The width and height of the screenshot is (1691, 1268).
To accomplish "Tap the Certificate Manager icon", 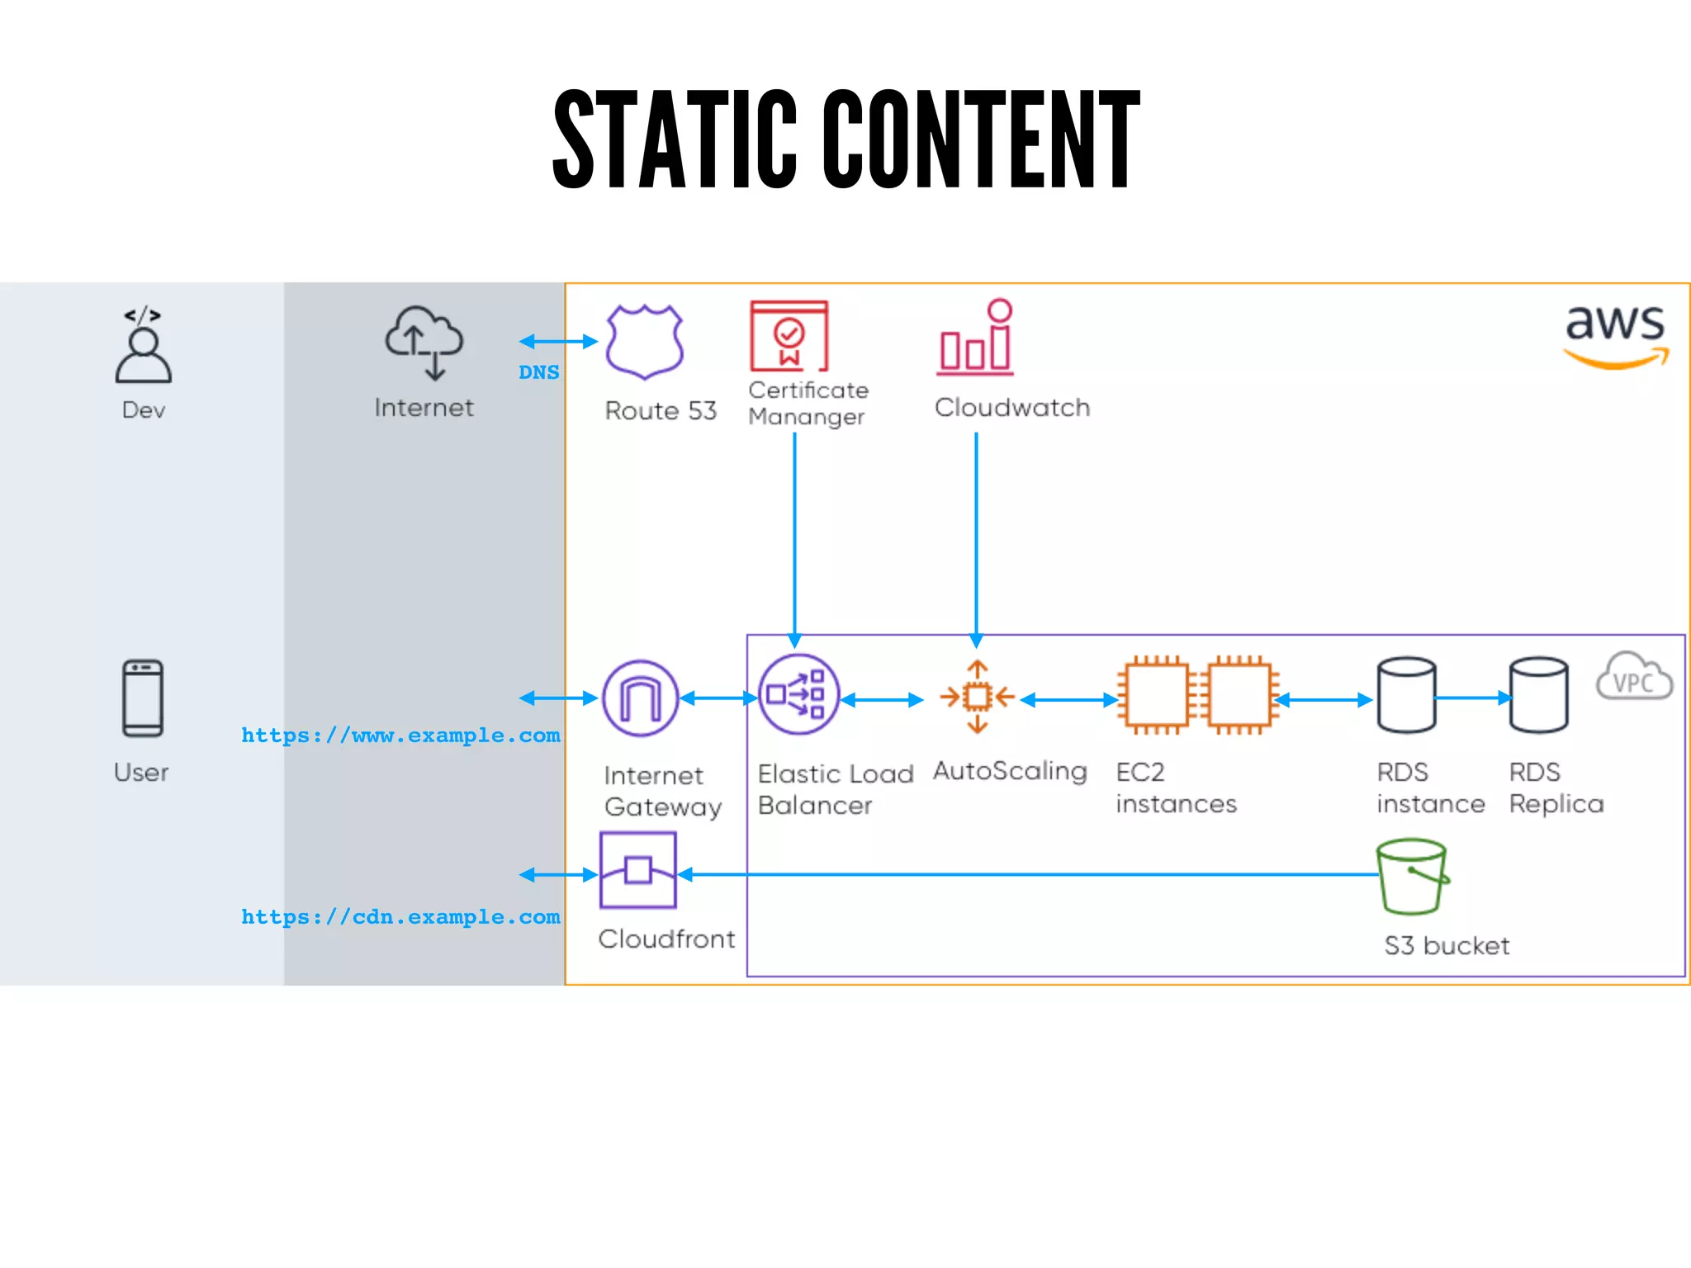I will (x=789, y=336).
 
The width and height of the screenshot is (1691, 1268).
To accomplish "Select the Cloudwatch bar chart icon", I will (x=976, y=338).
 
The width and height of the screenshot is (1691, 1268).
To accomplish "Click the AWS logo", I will (x=1616, y=335).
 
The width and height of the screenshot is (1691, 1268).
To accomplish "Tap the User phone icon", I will (x=143, y=698).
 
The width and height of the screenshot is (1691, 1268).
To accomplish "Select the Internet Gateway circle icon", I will (x=640, y=698).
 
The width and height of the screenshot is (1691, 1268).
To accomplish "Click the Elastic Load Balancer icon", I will (x=798, y=695).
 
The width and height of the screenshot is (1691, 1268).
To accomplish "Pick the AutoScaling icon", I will (x=978, y=697).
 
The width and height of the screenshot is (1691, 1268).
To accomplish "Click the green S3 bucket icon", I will (x=1413, y=877).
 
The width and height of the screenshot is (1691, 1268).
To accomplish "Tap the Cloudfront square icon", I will (x=638, y=870).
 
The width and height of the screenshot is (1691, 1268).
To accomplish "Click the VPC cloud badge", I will (x=1634, y=678).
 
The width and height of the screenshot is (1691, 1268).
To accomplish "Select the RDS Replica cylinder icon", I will (x=1538, y=695).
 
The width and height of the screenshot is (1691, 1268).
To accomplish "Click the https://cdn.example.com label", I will (x=400, y=917).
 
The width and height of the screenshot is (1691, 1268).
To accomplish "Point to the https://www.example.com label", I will (x=400, y=736).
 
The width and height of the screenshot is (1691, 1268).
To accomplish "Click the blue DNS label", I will (x=538, y=372).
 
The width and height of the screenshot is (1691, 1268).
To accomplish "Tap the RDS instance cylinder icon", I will (x=1406, y=695).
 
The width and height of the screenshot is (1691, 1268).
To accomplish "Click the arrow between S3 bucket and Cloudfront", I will (x=1024, y=874).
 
